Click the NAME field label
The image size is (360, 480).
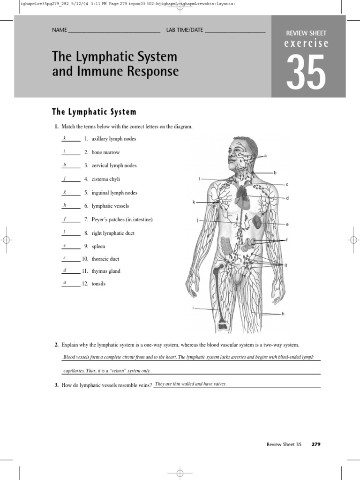60,30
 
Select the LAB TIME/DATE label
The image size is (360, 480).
184,30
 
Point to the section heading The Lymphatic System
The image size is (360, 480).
94,112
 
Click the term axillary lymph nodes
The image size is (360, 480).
114,139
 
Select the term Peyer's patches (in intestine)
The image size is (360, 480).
122,219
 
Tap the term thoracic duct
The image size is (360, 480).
105,259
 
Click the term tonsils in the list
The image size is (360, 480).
98,284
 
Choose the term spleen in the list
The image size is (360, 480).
98,247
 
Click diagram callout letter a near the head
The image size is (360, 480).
266,156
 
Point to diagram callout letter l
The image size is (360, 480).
200,179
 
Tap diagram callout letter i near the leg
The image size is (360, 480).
193,307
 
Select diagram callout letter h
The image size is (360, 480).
283,314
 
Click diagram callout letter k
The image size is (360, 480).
194,202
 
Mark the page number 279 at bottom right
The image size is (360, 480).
316,444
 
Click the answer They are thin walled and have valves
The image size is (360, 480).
191,384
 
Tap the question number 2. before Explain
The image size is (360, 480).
56,345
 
